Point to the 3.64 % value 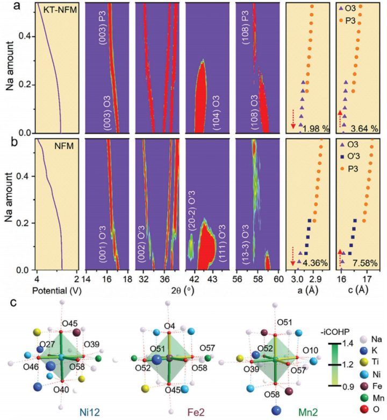click(364, 129)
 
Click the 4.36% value click(313, 264)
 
